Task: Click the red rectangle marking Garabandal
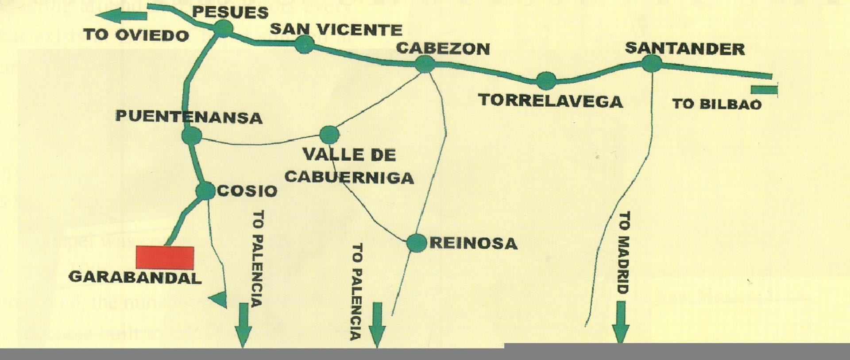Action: (x=165, y=258)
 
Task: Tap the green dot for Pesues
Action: (x=223, y=28)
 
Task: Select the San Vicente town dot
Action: (x=304, y=44)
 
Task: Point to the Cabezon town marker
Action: (x=425, y=64)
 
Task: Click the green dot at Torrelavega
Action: (x=546, y=81)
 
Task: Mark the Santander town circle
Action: (x=652, y=63)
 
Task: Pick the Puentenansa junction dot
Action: (x=192, y=135)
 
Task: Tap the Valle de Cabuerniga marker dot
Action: (x=329, y=135)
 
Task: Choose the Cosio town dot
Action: (x=205, y=191)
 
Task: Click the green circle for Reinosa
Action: (x=416, y=243)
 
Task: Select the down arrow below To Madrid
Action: (x=621, y=321)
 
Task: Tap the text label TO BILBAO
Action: (x=717, y=105)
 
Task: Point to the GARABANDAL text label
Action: (x=135, y=278)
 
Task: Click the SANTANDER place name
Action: (x=684, y=49)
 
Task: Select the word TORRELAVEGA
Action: (x=551, y=101)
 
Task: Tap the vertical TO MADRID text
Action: (x=623, y=253)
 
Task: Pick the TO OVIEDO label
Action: (x=136, y=35)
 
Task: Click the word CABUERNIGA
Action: (x=349, y=178)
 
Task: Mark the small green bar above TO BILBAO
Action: (x=764, y=90)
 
